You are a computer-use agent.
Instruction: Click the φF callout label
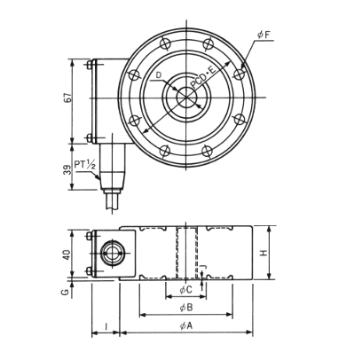(264, 35)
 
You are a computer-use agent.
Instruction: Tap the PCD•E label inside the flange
(202, 78)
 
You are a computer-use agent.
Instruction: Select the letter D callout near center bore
(159, 75)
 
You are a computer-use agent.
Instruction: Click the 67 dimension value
(67, 98)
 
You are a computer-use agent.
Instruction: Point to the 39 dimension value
(68, 170)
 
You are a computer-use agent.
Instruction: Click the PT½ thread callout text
(84, 164)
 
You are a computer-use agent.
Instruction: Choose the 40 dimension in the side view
(67, 254)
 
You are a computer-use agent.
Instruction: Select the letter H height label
(264, 253)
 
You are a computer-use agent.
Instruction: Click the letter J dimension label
(203, 267)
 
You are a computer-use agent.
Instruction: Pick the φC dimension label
(186, 290)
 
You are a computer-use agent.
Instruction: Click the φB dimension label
(186, 308)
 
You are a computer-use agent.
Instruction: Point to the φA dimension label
(186, 325)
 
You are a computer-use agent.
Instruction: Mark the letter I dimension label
(106, 326)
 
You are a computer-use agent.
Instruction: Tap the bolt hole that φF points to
(239, 74)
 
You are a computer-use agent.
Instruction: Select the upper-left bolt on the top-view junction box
(89, 65)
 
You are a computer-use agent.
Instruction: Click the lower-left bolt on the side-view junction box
(89, 270)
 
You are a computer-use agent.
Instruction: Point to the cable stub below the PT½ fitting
(113, 201)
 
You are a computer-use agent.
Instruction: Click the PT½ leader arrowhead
(98, 177)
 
